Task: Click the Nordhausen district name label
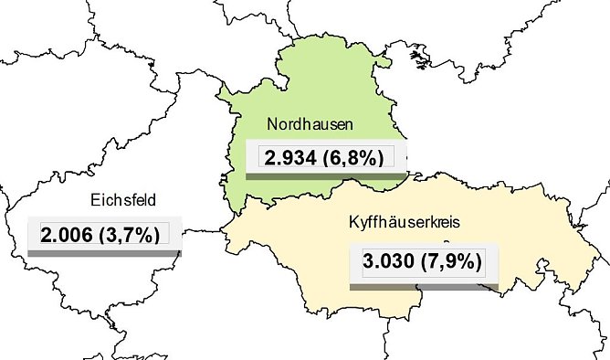(309, 123)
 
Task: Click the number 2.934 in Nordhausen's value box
(289, 156)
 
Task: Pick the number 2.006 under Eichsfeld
(68, 234)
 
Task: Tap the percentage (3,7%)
(135, 234)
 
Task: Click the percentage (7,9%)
(452, 262)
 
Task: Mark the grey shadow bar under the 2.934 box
(327, 174)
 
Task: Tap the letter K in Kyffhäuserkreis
(353, 223)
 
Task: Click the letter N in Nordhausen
(272, 123)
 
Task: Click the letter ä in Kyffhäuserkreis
(394, 223)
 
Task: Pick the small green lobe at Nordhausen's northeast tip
(386, 63)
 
